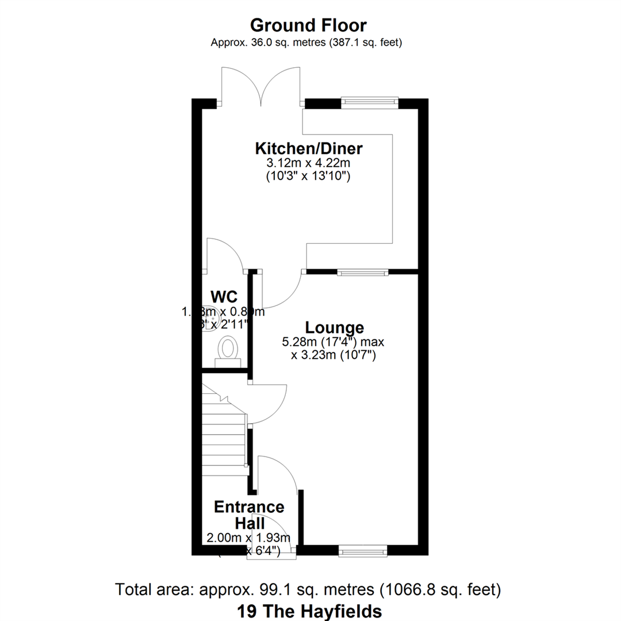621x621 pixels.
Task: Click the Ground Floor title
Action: (x=309, y=25)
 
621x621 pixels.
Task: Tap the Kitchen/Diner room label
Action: (x=309, y=148)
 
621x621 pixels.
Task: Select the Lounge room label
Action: (x=334, y=327)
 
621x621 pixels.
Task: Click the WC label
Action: (x=224, y=297)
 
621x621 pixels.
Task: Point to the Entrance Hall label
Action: (x=249, y=515)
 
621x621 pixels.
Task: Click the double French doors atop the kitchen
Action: (x=261, y=86)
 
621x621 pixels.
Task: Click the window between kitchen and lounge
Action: (x=362, y=272)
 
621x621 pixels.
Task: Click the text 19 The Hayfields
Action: (x=309, y=609)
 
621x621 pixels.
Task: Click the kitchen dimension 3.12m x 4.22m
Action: (x=309, y=164)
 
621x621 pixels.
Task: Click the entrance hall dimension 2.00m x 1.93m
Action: (x=248, y=538)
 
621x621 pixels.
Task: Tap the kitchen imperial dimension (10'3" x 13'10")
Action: (x=309, y=177)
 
